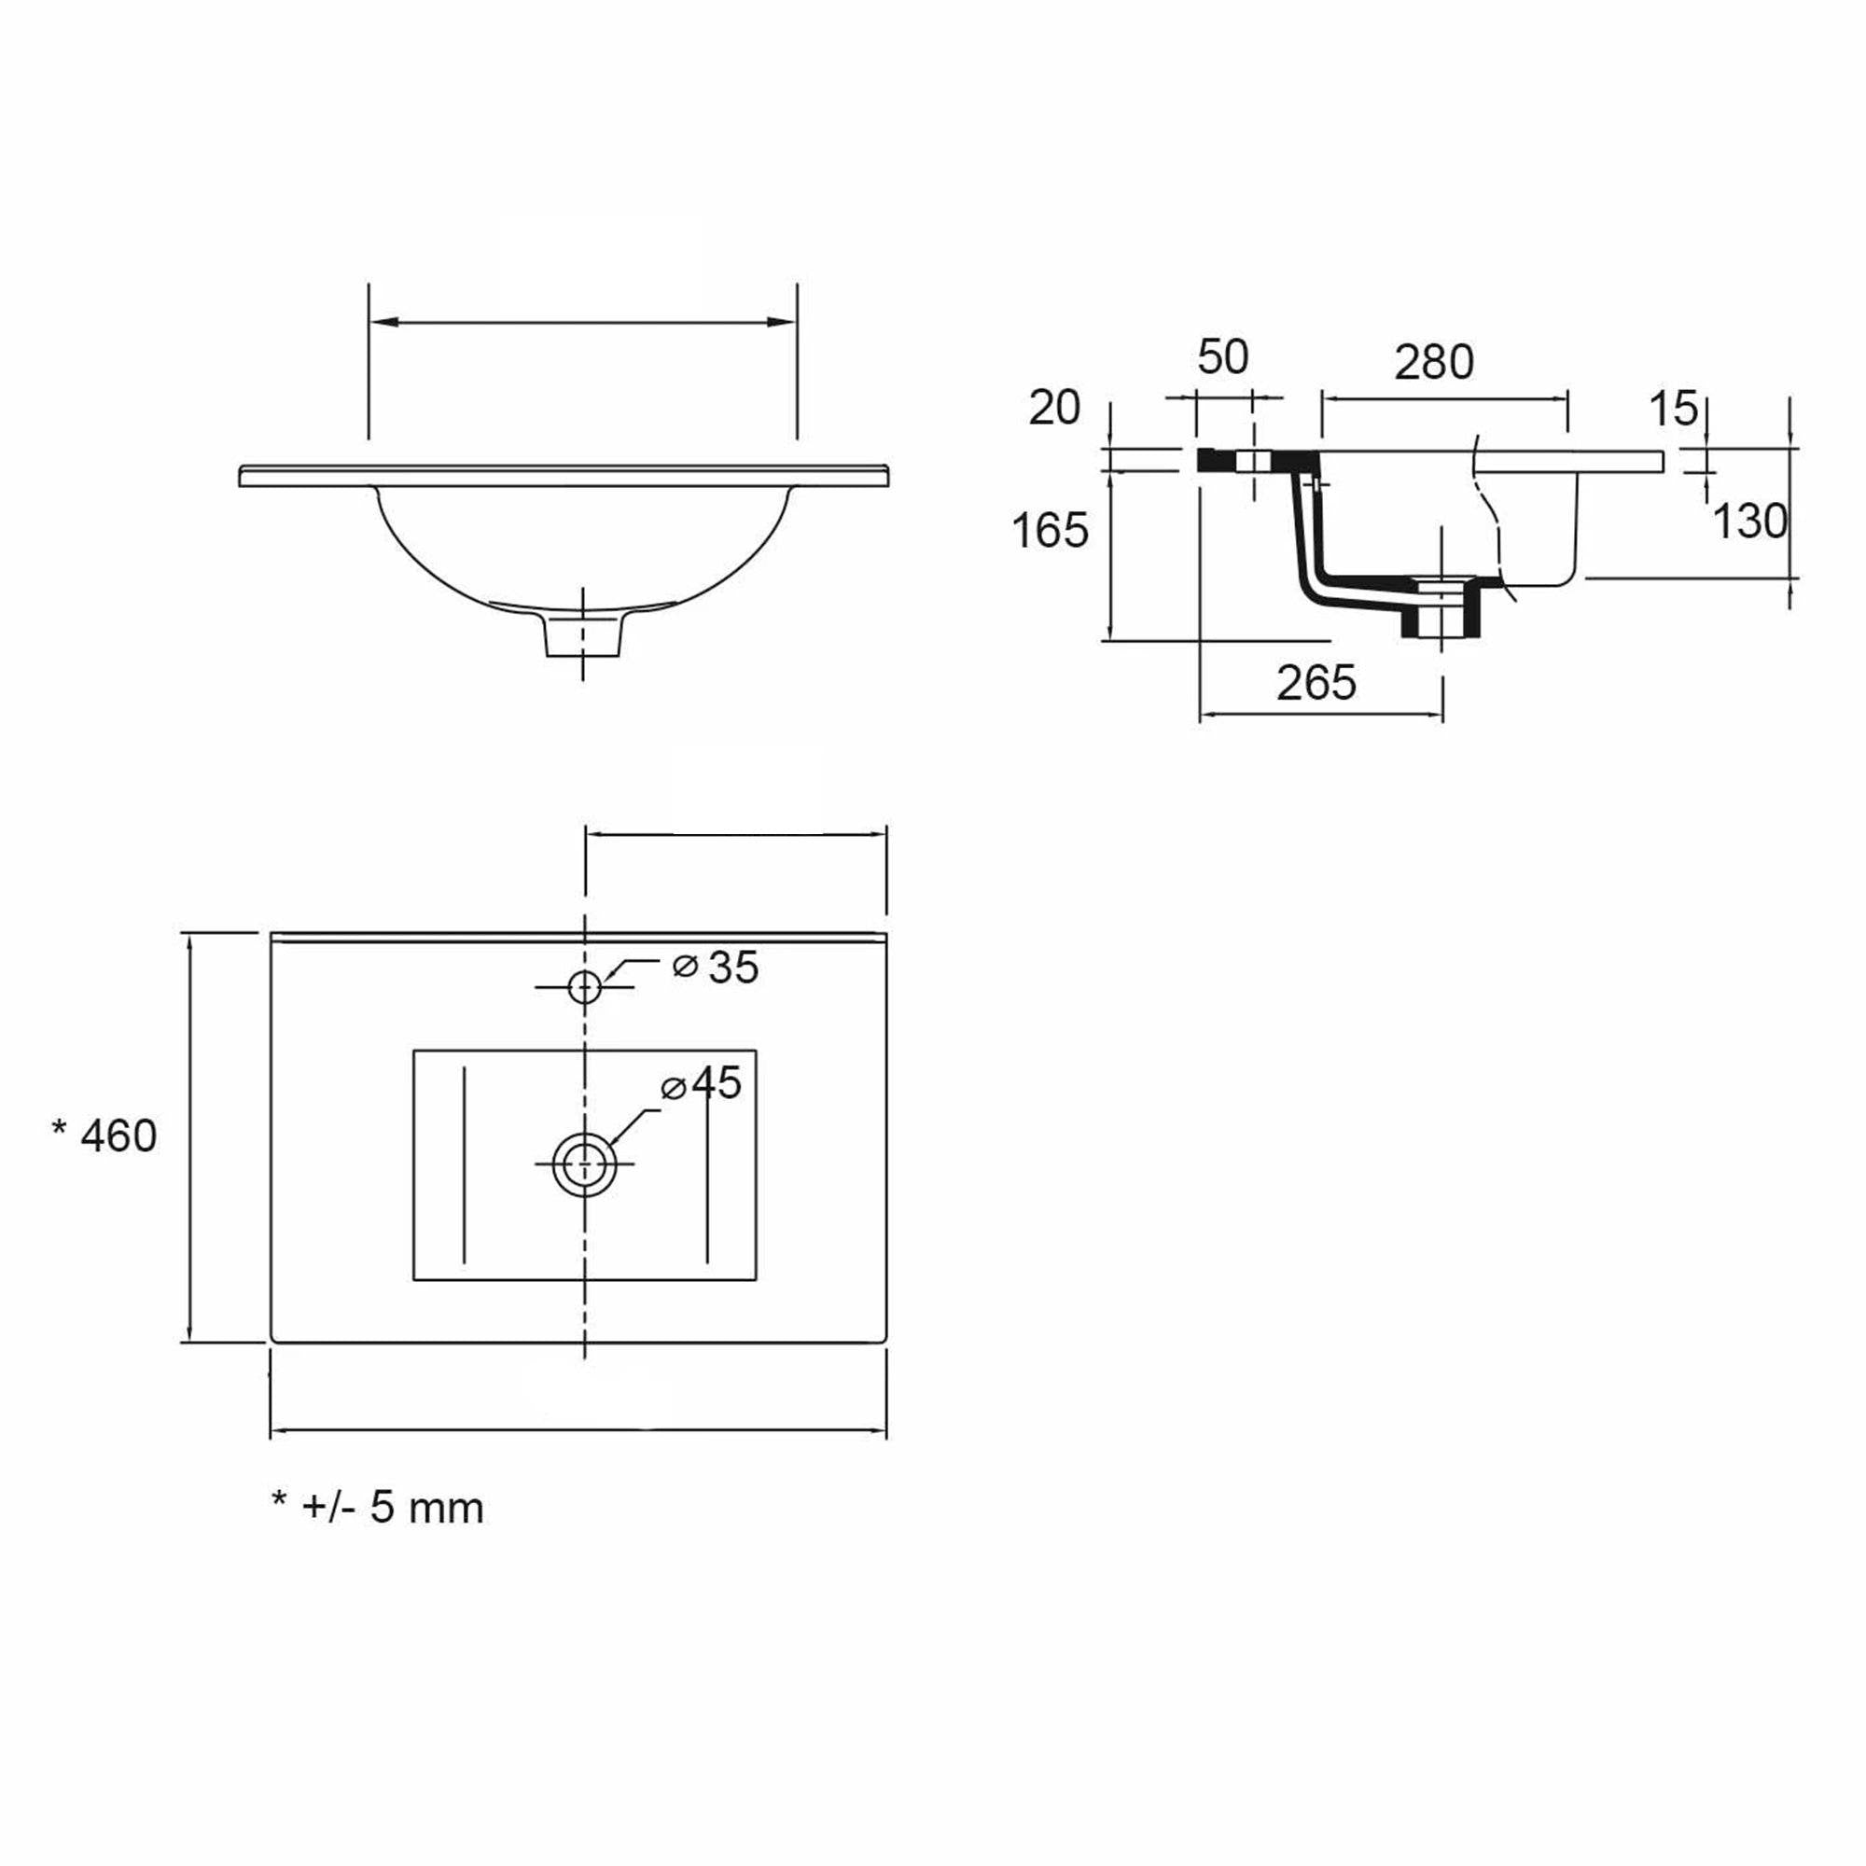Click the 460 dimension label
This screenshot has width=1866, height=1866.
[118, 1135]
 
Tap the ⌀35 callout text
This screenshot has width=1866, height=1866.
[716, 967]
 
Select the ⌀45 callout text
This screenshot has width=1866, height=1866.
[702, 1083]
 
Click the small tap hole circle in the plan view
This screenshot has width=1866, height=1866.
[585, 987]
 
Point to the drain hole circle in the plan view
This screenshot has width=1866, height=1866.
[584, 1163]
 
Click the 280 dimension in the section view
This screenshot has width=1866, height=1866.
[1434, 362]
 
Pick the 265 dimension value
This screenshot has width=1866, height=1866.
[1316, 683]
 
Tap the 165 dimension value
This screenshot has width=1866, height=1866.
[1050, 530]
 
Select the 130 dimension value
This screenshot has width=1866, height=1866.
[1750, 522]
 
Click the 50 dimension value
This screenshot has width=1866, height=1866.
[1223, 357]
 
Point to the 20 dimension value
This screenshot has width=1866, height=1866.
[1053, 409]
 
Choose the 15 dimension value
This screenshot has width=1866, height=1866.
[1673, 410]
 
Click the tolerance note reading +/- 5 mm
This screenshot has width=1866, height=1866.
[393, 1508]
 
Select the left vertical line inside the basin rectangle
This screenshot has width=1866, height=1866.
[465, 1163]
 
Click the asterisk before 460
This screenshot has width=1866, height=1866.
[60, 1128]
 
